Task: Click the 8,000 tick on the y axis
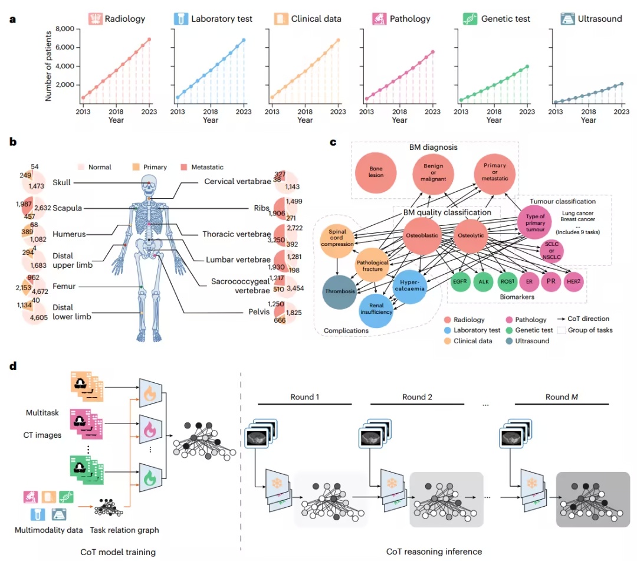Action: point(65,29)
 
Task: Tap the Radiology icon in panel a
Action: point(96,19)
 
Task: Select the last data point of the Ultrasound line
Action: point(622,84)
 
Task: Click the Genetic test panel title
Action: point(505,19)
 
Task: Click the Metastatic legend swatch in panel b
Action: point(184,167)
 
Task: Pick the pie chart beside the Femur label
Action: point(33,287)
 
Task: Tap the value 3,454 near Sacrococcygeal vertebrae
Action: point(295,288)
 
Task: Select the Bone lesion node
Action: point(376,172)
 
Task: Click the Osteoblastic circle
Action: point(422,235)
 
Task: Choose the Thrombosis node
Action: point(340,291)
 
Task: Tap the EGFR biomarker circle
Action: point(460,281)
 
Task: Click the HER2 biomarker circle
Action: point(574,281)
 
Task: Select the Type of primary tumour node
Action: point(534,222)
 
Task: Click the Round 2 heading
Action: point(417,397)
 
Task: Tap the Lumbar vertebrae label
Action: point(238,260)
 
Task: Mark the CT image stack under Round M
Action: point(515,433)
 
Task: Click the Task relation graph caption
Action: point(124,530)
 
